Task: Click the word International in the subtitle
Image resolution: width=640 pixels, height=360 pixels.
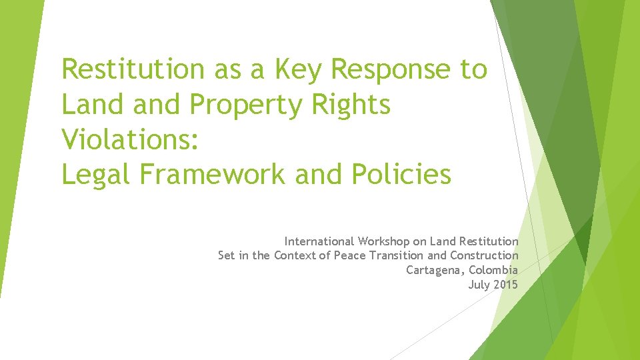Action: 319,241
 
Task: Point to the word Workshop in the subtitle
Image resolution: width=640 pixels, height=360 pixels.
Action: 384,241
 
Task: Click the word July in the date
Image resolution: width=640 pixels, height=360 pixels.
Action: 479,285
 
